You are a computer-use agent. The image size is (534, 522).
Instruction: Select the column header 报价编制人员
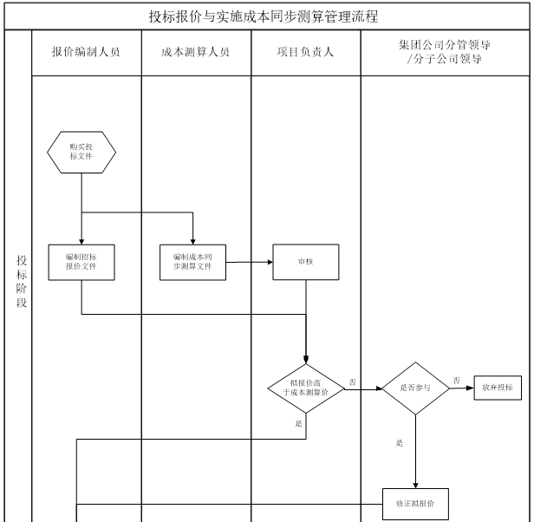(86, 52)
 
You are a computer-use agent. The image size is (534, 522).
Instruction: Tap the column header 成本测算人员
(195, 52)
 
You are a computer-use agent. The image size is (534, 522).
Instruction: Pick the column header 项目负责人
(305, 52)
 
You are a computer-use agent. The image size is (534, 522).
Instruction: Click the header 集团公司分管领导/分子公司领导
(444, 53)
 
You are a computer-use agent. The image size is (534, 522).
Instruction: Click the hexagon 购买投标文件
(81, 151)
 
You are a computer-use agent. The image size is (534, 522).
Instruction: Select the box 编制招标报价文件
(81, 262)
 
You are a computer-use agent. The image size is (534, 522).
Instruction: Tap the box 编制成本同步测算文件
(192, 262)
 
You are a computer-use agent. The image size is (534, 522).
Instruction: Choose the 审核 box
(305, 262)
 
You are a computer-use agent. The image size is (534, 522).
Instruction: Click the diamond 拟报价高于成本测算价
(305, 388)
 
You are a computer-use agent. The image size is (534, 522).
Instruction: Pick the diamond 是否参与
(416, 388)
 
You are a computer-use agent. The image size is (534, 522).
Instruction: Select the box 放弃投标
(498, 388)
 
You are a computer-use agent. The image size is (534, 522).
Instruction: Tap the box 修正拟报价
(416, 503)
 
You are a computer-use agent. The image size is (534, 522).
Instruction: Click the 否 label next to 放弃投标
(457, 380)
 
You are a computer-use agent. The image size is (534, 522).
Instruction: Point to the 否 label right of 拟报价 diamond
(353, 382)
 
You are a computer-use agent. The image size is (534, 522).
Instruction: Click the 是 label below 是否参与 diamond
(400, 443)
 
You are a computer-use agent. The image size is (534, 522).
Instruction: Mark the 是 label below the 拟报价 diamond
(299, 423)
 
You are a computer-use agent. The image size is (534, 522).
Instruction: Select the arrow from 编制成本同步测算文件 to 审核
(249, 262)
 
